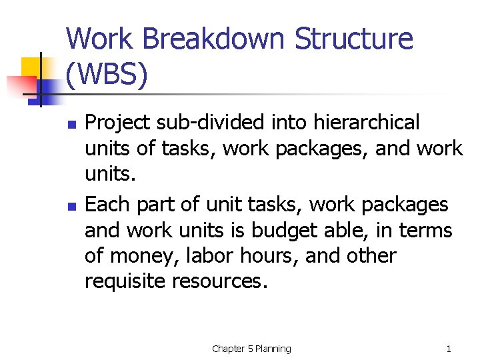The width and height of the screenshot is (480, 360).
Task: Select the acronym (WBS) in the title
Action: click(107, 75)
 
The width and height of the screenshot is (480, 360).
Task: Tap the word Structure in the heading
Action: click(355, 39)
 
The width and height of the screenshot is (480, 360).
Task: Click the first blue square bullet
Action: click(71, 124)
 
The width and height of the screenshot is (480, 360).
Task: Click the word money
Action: click(146, 256)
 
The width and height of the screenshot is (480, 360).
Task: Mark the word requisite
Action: click(125, 281)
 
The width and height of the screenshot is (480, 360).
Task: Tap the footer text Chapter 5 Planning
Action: click(251, 349)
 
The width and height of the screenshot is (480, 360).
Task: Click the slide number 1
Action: click(449, 349)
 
